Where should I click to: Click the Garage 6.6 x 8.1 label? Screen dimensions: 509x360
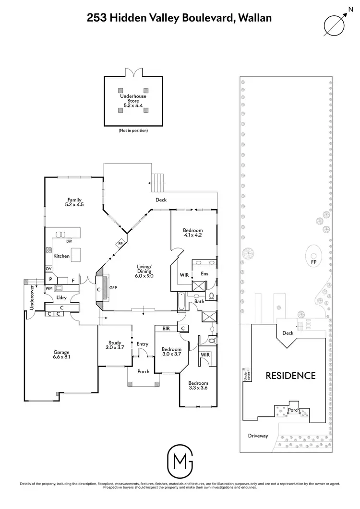click(61, 354)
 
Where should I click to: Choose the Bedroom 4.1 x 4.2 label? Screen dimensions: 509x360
click(193, 232)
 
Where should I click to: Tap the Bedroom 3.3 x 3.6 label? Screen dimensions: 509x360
click(198, 386)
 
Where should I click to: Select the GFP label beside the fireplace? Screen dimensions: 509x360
click(114, 289)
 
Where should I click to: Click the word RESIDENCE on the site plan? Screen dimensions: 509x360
click(291, 376)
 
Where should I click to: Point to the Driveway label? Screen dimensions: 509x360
click(258, 436)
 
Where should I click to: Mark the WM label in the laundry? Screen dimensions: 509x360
click(48, 288)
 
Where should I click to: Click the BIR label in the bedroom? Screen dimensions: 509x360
click(166, 329)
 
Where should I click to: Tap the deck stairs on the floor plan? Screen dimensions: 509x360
click(158, 181)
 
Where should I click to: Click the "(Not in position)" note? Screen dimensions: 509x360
click(133, 130)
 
